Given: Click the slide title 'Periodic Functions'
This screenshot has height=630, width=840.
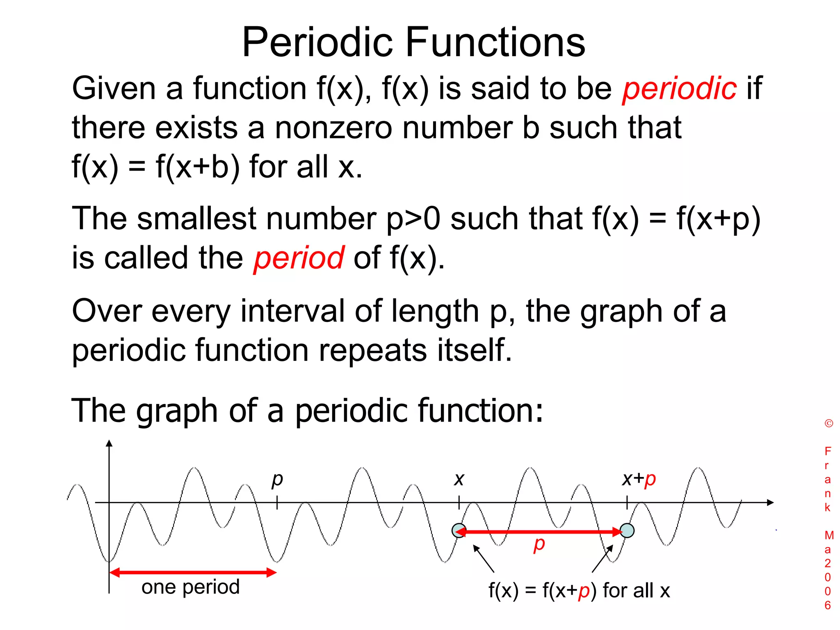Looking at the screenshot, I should point(413,42).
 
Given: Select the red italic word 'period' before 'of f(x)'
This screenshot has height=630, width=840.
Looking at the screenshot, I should point(299,258).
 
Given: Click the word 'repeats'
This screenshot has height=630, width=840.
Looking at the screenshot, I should point(372,350).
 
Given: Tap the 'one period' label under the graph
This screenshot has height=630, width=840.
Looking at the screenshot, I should point(190,587).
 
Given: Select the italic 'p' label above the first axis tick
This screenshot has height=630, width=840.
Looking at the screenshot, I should point(277,479).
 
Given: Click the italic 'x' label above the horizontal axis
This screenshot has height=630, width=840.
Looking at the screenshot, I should point(459,479).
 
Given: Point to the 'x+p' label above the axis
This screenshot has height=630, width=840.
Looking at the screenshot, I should point(639,479).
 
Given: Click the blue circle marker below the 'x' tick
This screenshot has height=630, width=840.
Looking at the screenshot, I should point(459,530).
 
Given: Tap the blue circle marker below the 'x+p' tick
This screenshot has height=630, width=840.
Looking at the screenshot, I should point(627,530).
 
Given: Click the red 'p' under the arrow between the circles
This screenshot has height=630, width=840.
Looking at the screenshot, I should point(539,544).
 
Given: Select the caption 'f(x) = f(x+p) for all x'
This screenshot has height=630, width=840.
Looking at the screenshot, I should point(579,591).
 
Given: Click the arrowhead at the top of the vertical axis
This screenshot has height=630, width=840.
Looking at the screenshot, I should point(109,443).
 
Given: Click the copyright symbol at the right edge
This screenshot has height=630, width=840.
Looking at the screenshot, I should point(829,424).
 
